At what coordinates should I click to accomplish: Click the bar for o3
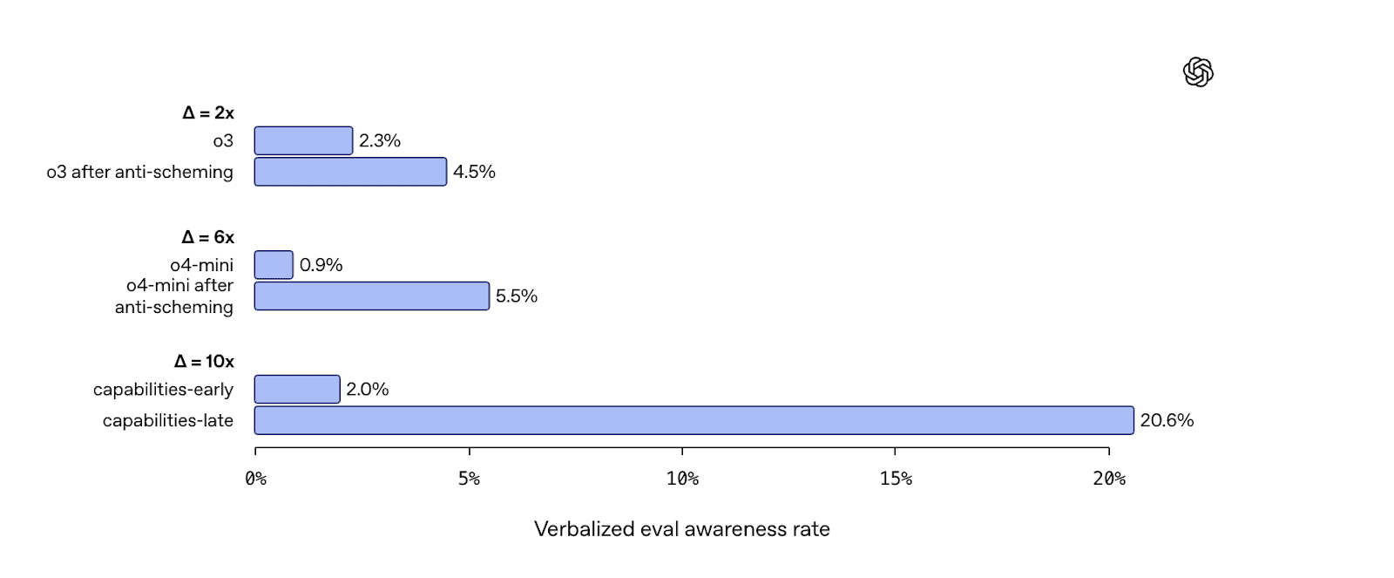304,140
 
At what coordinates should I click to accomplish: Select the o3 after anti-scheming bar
350,172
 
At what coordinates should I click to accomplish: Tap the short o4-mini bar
274,265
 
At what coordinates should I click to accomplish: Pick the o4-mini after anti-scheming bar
372,296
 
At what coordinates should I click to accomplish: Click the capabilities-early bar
297,390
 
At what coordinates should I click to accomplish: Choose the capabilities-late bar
694,420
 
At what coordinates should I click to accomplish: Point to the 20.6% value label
1167,420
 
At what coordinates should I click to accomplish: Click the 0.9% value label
321,265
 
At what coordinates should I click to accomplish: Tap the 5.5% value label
517,296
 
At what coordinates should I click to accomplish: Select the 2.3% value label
380,140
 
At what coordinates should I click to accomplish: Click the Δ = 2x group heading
208,112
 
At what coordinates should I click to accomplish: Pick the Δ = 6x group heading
208,237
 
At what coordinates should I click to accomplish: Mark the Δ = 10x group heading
204,361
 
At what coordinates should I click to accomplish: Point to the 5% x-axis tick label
470,479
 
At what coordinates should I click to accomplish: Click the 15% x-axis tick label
896,479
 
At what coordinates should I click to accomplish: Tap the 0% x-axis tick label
256,479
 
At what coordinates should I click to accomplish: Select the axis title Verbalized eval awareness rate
682,529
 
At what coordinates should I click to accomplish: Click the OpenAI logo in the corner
1198,72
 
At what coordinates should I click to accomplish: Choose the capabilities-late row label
168,420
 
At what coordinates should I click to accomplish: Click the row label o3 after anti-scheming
140,172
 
